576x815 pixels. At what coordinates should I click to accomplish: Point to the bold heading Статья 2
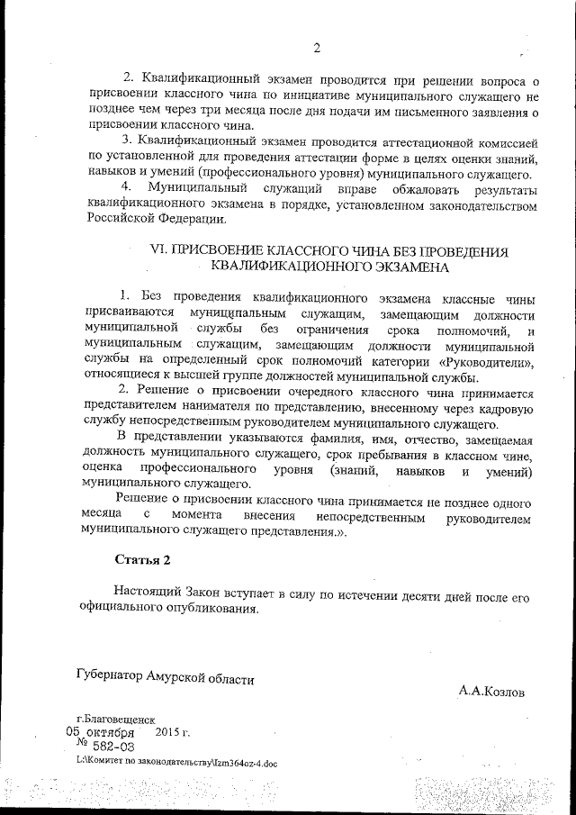142,559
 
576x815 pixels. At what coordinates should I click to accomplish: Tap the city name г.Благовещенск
117,720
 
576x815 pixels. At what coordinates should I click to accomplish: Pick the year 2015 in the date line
168,733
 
